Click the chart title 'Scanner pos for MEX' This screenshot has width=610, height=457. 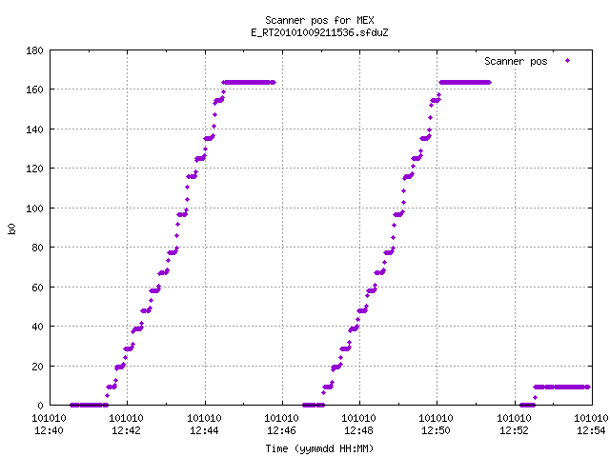click(319, 20)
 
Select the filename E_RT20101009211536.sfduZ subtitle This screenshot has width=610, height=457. click(319, 32)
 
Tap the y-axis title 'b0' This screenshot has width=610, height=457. click(12, 228)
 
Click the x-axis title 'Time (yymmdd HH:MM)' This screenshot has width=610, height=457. click(319, 448)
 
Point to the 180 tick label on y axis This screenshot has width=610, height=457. click(34, 50)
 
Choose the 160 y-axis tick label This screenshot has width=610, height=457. click(34, 89)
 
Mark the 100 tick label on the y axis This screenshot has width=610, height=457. click(34, 209)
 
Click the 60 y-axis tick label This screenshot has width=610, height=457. click(37, 288)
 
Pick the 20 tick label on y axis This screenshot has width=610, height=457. click(37, 366)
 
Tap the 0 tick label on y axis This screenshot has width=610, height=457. click(40, 406)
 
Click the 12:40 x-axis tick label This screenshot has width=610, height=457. click(49, 430)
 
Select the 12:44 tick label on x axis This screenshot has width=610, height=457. click(204, 430)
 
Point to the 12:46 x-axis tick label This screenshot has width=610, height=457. click(281, 430)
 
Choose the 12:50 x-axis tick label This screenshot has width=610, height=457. click(436, 430)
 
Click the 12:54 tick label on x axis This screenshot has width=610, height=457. click(591, 430)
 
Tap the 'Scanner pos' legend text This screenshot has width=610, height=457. click(516, 61)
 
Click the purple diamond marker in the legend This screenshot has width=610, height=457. click(568, 61)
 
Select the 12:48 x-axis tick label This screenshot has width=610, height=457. click(358, 430)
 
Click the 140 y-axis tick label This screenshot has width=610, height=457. click(34, 129)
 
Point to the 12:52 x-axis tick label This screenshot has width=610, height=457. click(514, 430)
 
